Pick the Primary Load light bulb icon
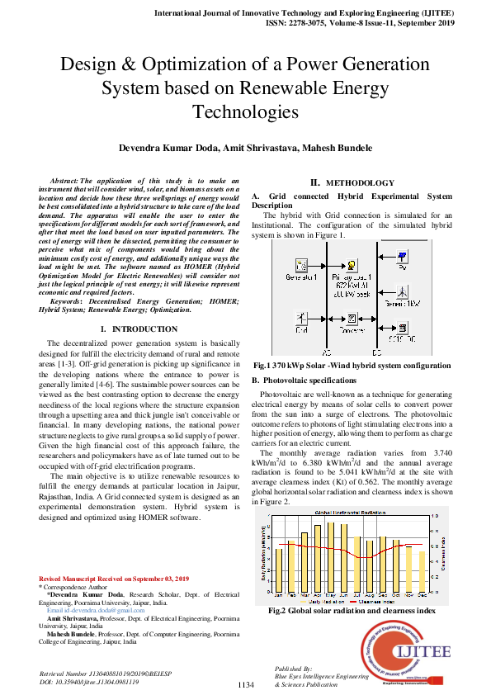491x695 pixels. [352, 266]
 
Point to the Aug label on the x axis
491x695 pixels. [371, 593]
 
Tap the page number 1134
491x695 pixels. [245, 685]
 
